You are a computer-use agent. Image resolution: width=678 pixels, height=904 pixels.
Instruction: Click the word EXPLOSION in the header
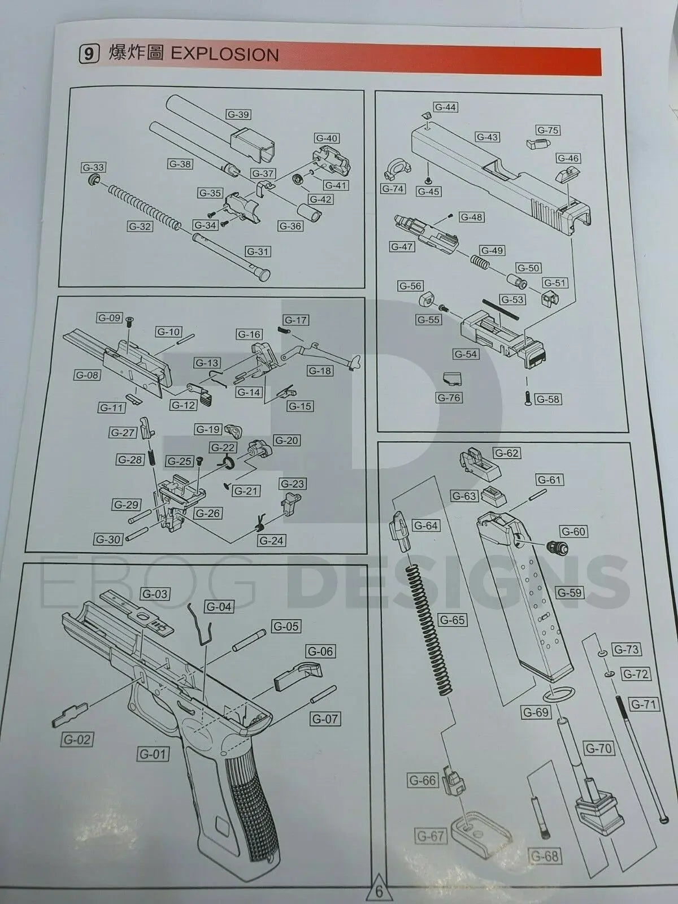[224, 54]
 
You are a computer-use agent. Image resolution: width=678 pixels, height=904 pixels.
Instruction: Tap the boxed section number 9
[88, 54]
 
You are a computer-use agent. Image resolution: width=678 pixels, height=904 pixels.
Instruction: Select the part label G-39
[238, 115]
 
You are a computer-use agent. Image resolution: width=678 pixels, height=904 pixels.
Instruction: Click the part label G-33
[93, 168]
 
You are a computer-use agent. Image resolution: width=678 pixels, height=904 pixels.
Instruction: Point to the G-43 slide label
[486, 137]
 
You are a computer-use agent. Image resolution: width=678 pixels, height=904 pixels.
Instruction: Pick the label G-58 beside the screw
[547, 399]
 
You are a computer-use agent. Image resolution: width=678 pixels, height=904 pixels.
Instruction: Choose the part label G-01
[153, 754]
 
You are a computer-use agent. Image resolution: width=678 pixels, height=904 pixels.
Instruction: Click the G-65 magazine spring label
[452, 620]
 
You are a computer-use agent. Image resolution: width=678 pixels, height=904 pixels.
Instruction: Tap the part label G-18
[320, 371]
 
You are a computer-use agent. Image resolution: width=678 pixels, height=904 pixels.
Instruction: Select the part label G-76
[449, 398]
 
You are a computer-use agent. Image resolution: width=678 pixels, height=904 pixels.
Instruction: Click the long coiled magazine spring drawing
[429, 627]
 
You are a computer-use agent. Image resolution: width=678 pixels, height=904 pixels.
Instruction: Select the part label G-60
[573, 532]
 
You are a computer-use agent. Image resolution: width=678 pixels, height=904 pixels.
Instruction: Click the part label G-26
[208, 514]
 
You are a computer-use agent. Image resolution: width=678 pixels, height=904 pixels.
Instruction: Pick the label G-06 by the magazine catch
[320, 651]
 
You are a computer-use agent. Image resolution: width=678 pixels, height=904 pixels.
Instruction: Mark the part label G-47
[402, 247]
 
